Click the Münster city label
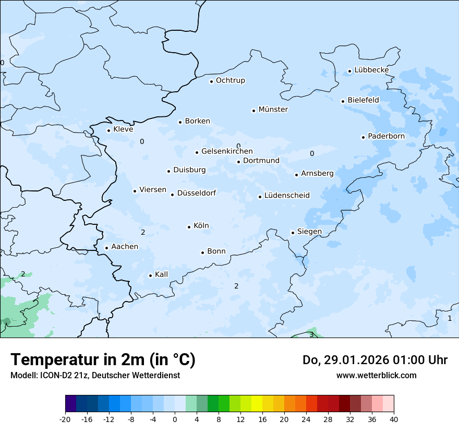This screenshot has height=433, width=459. click(273, 110)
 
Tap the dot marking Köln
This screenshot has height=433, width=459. click(189, 226)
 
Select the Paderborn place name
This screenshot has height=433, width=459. click(386, 136)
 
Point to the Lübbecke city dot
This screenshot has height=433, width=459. click(350, 71)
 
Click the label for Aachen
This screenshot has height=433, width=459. click(125, 247)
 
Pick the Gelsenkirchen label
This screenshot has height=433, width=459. click(227, 151)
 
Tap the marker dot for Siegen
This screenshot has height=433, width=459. click(293, 233)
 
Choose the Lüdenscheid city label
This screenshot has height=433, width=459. click(287, 196)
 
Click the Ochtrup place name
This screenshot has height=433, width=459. click(230, 80)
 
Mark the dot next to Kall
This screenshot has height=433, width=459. click(150, 275)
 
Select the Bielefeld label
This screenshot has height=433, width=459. click(363, 100)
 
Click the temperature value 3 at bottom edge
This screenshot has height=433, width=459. click(311, 334)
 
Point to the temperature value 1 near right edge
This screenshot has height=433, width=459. click(450, 318)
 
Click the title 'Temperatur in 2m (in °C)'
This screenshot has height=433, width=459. click(103, 360)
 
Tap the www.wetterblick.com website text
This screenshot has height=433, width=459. click(376, 375)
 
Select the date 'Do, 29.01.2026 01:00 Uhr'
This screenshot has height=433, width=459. click(375, 360)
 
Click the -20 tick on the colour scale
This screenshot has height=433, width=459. click(65, 419)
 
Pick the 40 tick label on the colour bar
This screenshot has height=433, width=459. click(394, 419)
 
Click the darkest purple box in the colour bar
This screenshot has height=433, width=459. click(70, 404)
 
